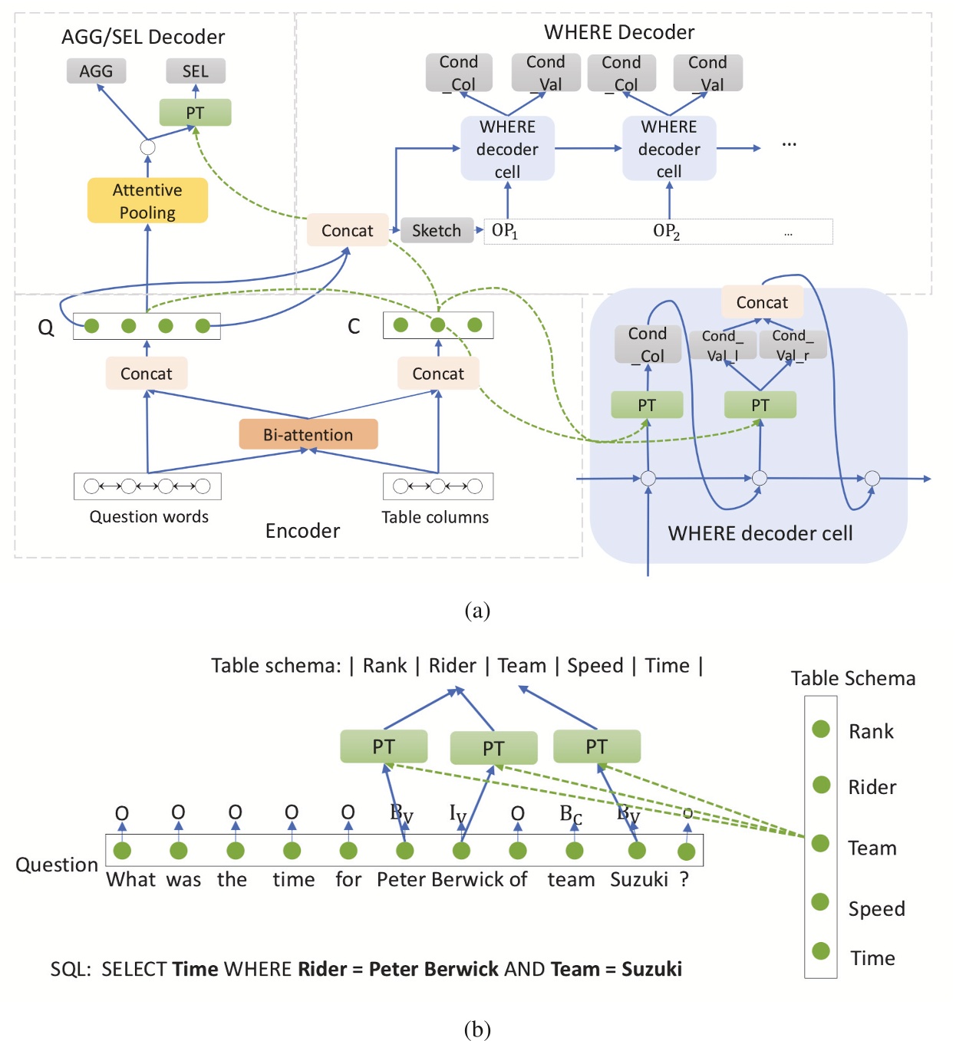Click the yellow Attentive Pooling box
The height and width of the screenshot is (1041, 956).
click(147, 201)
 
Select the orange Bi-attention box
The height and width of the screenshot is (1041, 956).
click(308, 434)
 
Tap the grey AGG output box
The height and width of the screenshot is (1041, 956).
click(96, 71)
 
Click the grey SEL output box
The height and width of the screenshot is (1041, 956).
click(195, 71)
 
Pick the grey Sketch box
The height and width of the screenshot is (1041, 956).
click(437, 230)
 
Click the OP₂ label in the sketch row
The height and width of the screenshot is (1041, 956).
click(666, 232)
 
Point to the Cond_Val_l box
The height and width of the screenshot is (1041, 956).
click(721, 345)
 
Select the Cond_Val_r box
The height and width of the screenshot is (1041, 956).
click(793, 345)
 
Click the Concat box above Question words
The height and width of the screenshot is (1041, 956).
click(146, 374)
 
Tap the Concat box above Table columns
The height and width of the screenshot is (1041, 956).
click(437, 374)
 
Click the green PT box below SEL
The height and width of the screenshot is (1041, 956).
click(195, 113)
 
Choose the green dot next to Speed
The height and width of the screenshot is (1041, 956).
click(820, 901)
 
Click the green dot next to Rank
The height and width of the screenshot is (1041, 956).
click(821, 729)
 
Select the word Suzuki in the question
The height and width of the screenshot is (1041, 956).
click(638, 879)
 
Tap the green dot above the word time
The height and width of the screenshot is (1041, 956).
click(292, 850)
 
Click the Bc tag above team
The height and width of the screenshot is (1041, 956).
click(570, 814)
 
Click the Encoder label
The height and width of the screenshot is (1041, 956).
click(302, 531)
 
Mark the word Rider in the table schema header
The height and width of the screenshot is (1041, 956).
click(452, 665)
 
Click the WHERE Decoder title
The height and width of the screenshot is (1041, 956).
click(618, 32)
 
